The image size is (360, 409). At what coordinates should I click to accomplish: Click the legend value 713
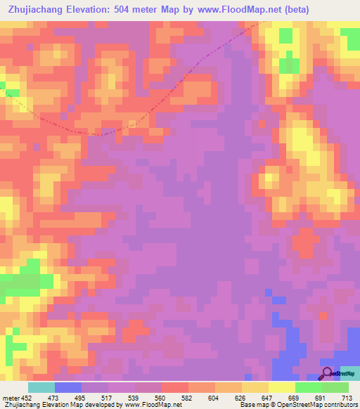click(x=347, y=397)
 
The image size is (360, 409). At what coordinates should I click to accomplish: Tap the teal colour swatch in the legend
click(x=41, y=387)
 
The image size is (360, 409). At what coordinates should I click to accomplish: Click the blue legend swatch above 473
click(x=67, y=387)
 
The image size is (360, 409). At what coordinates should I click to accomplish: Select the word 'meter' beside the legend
click(x=9, y=397)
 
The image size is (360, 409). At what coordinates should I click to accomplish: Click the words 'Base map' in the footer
click(x=250, y=405)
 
